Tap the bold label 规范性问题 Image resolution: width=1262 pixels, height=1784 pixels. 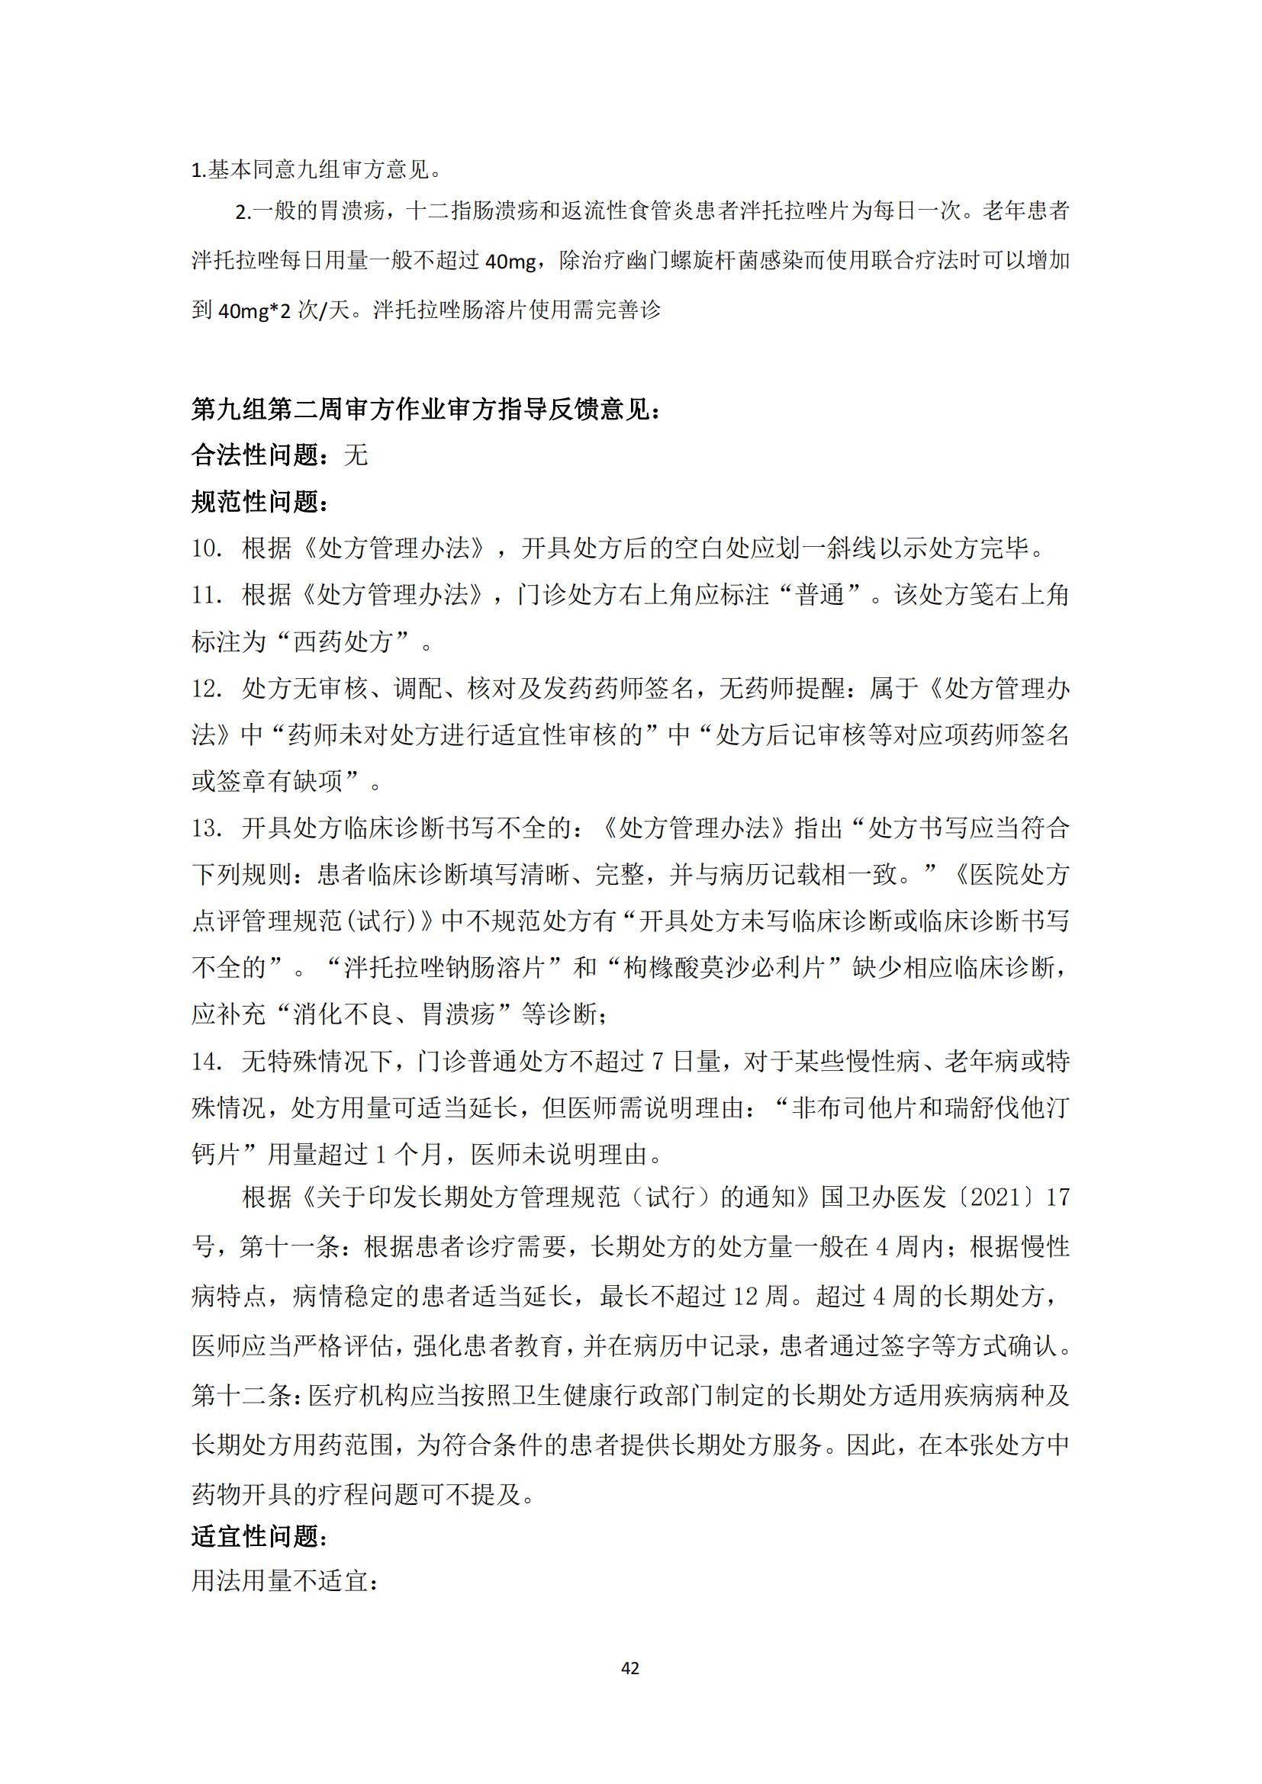[261, 502]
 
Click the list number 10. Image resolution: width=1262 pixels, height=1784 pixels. [208, 548]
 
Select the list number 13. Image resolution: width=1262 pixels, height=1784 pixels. [208, 828]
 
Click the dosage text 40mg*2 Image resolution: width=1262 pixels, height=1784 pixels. [254, 310]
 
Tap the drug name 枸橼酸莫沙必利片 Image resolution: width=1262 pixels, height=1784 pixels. [723, 968]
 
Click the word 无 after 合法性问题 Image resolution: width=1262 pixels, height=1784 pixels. [355, 455]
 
